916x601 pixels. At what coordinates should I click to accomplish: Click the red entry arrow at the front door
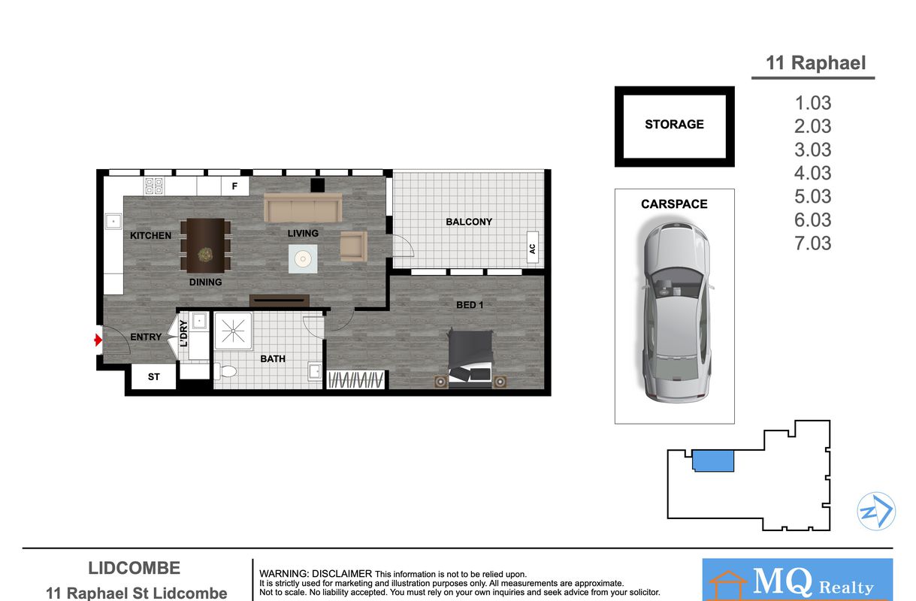pyautogui.click(x=98, y=340)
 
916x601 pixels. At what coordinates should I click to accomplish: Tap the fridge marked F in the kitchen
pyautogui.click(x=235, y=186)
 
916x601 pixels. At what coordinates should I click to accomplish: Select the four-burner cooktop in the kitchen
pyautogui.click(x=154, y=186)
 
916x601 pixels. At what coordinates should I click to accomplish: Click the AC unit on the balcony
pyautogui.click(x=533, y=248)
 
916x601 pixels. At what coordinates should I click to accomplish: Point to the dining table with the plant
pyautogui.click(x=205, y=246)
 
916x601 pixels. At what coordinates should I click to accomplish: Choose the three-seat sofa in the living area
pyautogui.click(x=303, y=207)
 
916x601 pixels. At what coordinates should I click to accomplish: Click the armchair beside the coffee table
pyautogui.click(x=354, y=246)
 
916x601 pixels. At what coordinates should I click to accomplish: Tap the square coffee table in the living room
pyautogui.click(x=303, y=258)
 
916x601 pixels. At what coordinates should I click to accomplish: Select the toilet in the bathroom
pyautogui.click(x=225, y=372)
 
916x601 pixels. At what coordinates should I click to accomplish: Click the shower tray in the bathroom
pyautogui.click(x=233, y=331)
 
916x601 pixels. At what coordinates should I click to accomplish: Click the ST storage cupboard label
pyautogui.click(x=154, y=376)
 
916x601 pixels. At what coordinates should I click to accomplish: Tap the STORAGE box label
pyautogui.click(x=674, y=124)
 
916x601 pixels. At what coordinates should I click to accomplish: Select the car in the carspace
pyautogui.click(x=676, y=312)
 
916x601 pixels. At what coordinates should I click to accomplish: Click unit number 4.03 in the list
pyautogui.click(x=812, y=173)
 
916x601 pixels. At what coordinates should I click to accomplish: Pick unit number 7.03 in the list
pyautogui.click(x=812, y=243)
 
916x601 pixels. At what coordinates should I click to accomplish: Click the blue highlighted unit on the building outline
pyautogui.click(x=713, y=461)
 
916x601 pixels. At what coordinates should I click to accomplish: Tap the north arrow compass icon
pyautogui.click(x=876, y=511)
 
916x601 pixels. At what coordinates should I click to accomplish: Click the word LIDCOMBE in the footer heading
pyautogui.click(x=134, y=568)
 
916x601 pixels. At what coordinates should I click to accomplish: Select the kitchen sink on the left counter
pyautogui.click(x=113, y=222)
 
